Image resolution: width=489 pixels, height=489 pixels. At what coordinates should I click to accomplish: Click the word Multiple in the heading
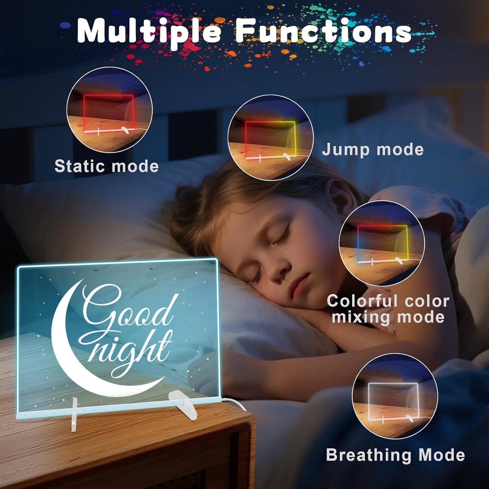coord(149,31)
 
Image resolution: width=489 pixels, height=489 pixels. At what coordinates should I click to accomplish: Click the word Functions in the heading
coord(323,31)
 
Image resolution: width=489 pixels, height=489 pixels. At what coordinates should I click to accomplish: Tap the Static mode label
coord(107,166)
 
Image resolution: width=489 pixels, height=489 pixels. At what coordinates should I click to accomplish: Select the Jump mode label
coord(373,150)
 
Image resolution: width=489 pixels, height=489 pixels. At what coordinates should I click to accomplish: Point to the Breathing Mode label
coord(395,455)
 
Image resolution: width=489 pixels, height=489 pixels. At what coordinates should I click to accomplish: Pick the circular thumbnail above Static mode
coord(110,110)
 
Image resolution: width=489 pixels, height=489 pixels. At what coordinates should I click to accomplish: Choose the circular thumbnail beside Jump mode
coord(270,137)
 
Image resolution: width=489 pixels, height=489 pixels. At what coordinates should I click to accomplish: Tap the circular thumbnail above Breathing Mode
coord(395,396)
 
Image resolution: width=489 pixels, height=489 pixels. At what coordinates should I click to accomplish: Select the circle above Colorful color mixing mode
coord(382,243)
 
